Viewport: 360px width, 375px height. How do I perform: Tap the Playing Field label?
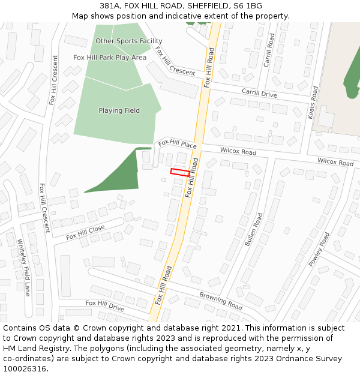coord(119,110)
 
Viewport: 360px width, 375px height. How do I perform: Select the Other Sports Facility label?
coord(129,41)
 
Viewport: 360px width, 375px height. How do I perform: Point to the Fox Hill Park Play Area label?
coord(110,58)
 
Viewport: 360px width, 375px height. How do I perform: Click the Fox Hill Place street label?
coord(178,145)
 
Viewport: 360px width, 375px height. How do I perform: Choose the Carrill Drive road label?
coord(259,94)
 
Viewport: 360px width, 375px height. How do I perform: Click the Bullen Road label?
coord(254,229)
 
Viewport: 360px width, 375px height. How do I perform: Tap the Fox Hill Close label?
coord(85,232)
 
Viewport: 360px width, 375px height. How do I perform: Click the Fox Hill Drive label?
coord(105,305)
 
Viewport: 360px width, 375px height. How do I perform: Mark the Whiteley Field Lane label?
coord(24,268)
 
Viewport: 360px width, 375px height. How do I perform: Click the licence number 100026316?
coord(25,369)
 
